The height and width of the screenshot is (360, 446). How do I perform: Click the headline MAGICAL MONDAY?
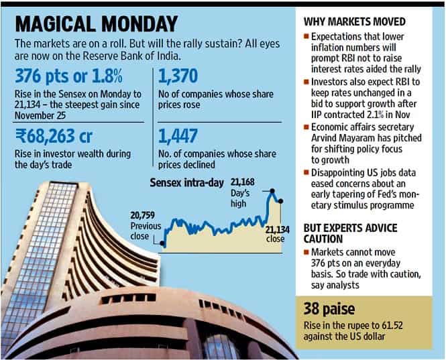click(94, 24)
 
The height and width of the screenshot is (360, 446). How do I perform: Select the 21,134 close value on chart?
click(276, 230)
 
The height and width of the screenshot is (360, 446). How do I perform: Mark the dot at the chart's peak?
click(272, 194)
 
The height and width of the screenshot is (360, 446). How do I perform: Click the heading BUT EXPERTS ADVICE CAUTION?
click(349, 232)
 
